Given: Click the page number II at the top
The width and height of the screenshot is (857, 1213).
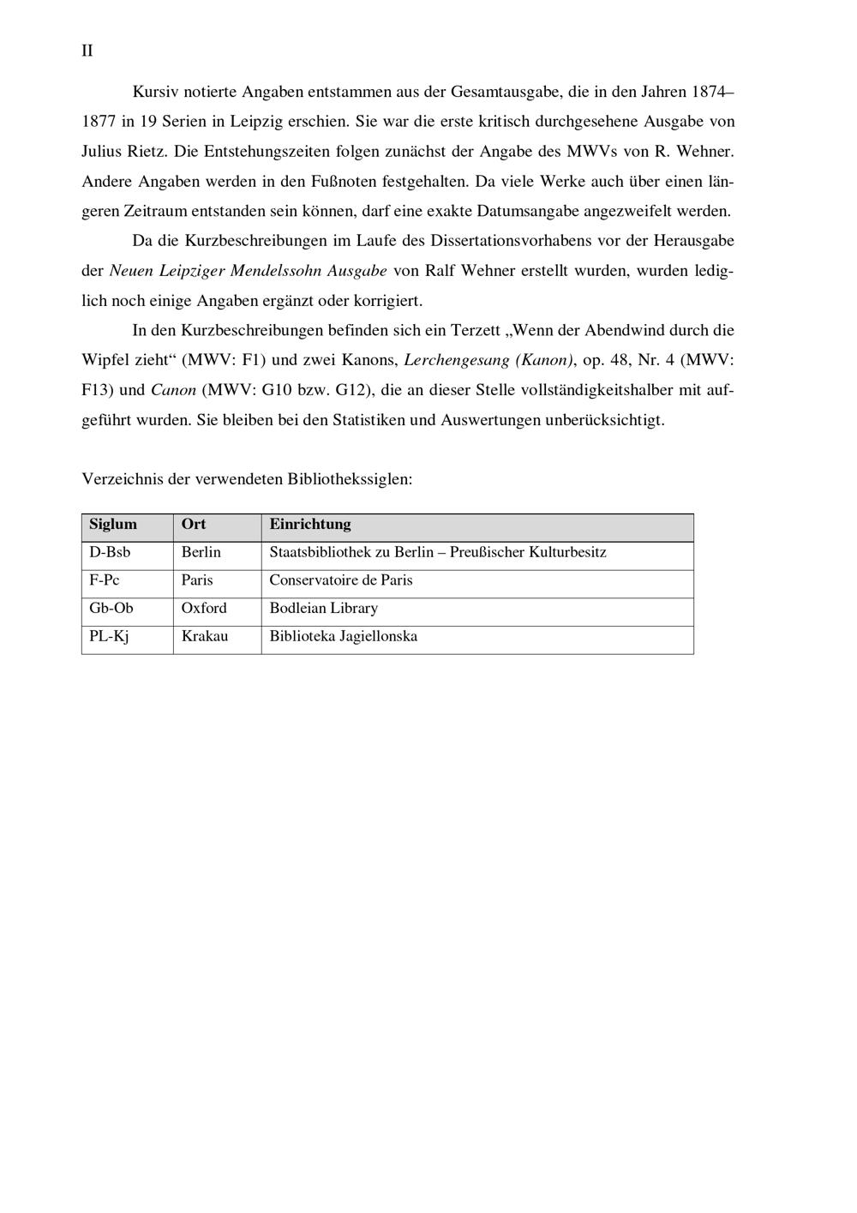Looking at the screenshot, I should [87, 51].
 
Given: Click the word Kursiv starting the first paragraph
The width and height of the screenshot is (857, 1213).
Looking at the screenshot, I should [155, 92].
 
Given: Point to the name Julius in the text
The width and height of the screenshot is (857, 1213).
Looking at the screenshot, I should [102, 152].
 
